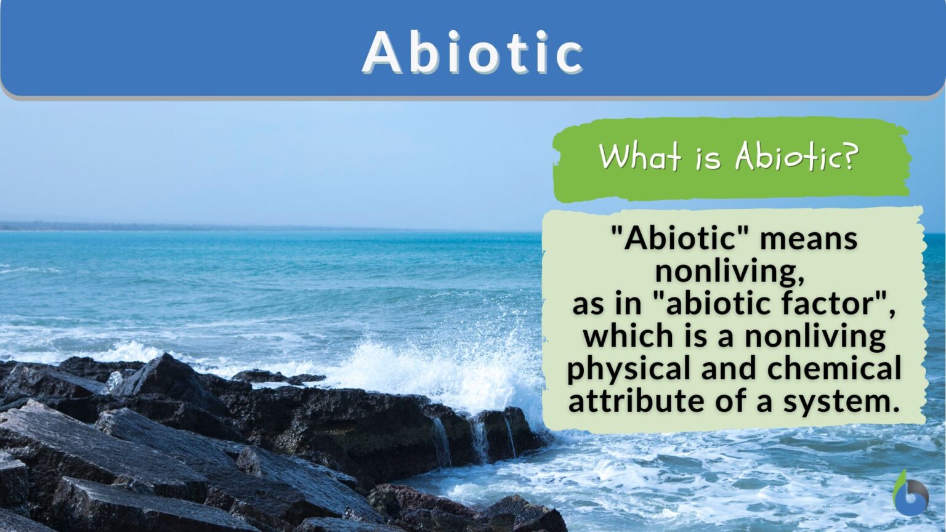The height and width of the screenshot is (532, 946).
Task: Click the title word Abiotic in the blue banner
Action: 472,52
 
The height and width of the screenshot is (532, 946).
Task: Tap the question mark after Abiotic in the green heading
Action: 849,156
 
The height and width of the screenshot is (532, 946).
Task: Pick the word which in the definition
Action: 626,336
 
